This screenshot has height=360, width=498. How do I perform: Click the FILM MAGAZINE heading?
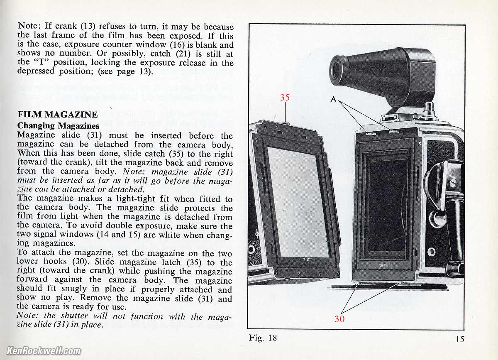point(58,115)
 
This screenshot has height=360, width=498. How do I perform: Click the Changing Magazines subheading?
point(58,126)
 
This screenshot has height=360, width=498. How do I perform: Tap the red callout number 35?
point(285,97)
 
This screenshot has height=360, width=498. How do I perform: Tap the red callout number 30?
point(339,319)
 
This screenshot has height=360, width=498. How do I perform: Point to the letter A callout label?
point(333,99)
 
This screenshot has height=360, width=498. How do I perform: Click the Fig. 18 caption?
point(263,338)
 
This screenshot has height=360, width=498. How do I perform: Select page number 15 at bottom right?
point(460,339)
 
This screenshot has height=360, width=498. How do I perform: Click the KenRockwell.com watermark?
point(44,350)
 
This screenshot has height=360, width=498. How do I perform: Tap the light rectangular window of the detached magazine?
point(298,202)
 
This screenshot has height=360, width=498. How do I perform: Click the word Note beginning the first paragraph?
point(29,26)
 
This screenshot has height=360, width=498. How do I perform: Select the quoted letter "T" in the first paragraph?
point(42,62)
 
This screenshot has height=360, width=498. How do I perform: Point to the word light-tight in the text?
point(136,198)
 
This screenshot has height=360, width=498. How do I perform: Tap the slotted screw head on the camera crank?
point(453,183)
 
